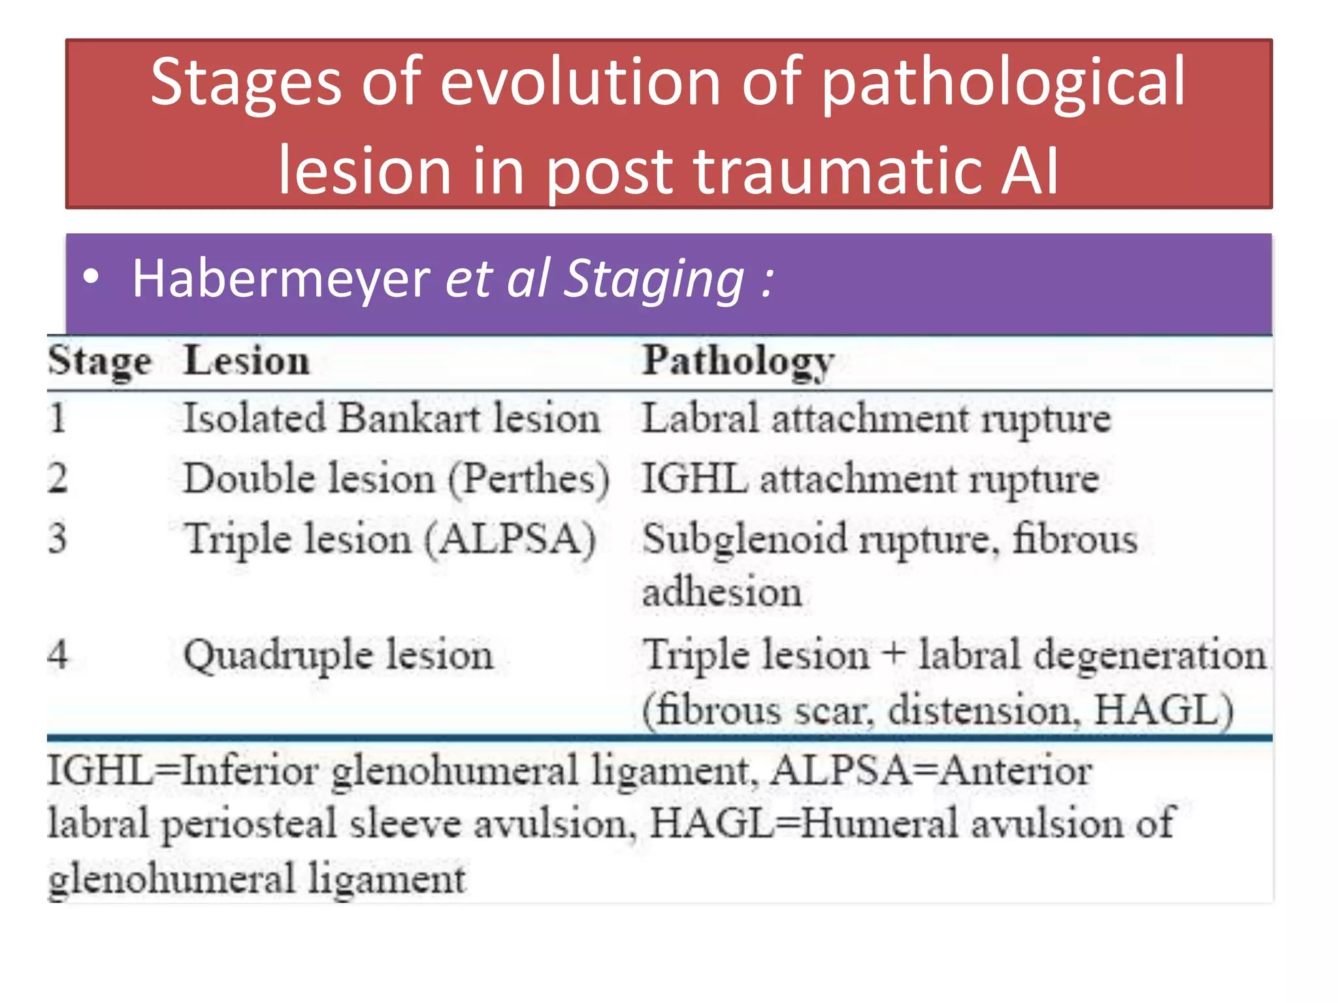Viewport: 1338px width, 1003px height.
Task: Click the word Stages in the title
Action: click(x=246, y=83)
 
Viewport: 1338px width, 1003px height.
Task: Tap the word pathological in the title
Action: click(x=1003, y=83)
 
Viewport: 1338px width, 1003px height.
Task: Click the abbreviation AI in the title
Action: click(x=1030, y=171)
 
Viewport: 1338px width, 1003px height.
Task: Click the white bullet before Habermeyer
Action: click(x=91, y=277)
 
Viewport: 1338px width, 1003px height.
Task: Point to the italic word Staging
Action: click(x=653, y=279)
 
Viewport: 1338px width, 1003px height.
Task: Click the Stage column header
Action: click(x=99, y=361)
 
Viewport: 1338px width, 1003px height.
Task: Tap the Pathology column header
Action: click(x=738, y=361)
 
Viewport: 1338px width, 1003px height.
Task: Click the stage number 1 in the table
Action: click(x=57, y=418)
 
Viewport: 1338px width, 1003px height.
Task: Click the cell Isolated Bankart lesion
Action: click(x=391, y=418)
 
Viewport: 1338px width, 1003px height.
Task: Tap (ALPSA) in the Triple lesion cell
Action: click(x=510, y=540)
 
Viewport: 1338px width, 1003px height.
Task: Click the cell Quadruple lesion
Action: click(x=338, y=655)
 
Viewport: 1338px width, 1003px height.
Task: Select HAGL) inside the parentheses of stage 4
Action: click(x=1164, y=710)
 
